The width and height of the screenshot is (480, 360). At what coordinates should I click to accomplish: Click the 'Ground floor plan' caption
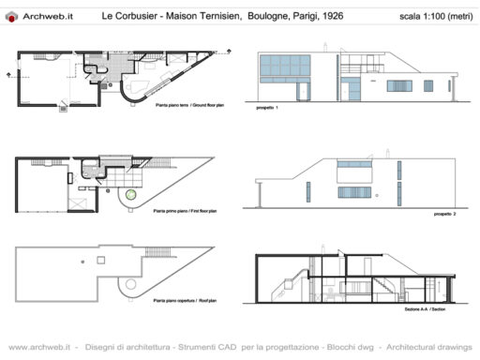pos(194,107)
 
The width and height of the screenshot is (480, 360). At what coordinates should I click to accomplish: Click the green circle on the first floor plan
pos(131,196)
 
